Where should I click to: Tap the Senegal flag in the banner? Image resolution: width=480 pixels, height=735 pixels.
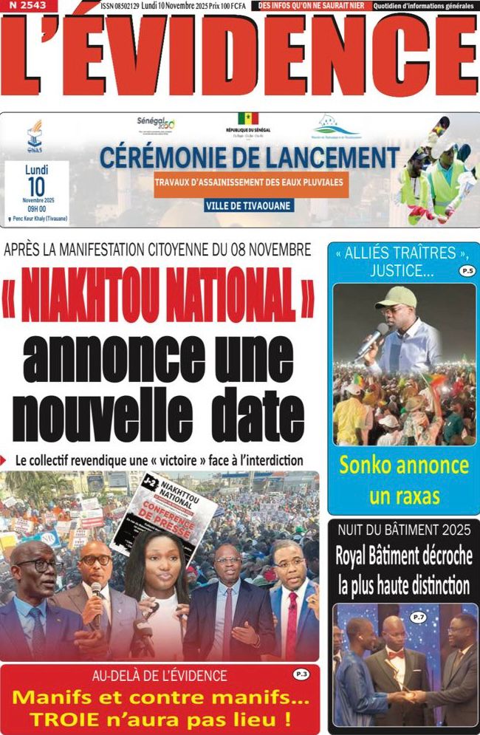247,119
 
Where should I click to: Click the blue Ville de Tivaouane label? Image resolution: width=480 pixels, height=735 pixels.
248,205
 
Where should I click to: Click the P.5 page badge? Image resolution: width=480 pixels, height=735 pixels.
466,271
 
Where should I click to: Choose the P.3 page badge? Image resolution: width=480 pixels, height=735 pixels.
301,674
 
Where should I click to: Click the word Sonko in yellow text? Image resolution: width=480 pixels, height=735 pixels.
368,466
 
